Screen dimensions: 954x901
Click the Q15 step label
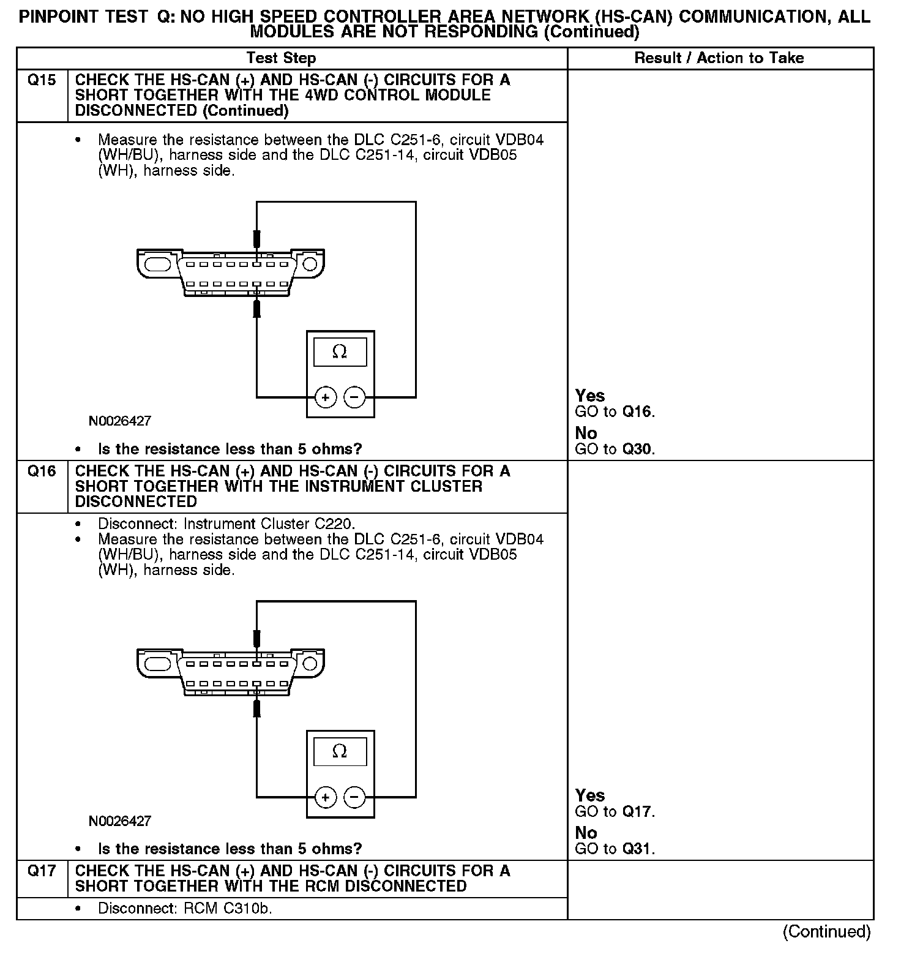(42, 80)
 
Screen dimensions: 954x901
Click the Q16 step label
(42, 471)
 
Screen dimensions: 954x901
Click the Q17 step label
(42, 871)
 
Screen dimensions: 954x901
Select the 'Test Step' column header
(281, 58)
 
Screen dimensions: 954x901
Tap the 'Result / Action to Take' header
(719, 58)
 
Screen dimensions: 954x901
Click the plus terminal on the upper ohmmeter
(325, 398)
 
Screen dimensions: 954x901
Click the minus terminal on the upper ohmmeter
(354, 398)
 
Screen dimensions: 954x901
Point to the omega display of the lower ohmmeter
(340, 751)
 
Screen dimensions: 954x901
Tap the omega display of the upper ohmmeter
(340, 352)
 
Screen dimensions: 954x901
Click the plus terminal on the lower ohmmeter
(325, 797)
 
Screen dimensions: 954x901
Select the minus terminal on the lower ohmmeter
(354, 797)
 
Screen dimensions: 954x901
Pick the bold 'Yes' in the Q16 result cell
(590, 795)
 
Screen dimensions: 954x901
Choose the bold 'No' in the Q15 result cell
(586, 433)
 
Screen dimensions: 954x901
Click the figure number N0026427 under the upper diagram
(120, 421)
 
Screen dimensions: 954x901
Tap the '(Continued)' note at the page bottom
(826, 931)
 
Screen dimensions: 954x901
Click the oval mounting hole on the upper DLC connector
(157, 264)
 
